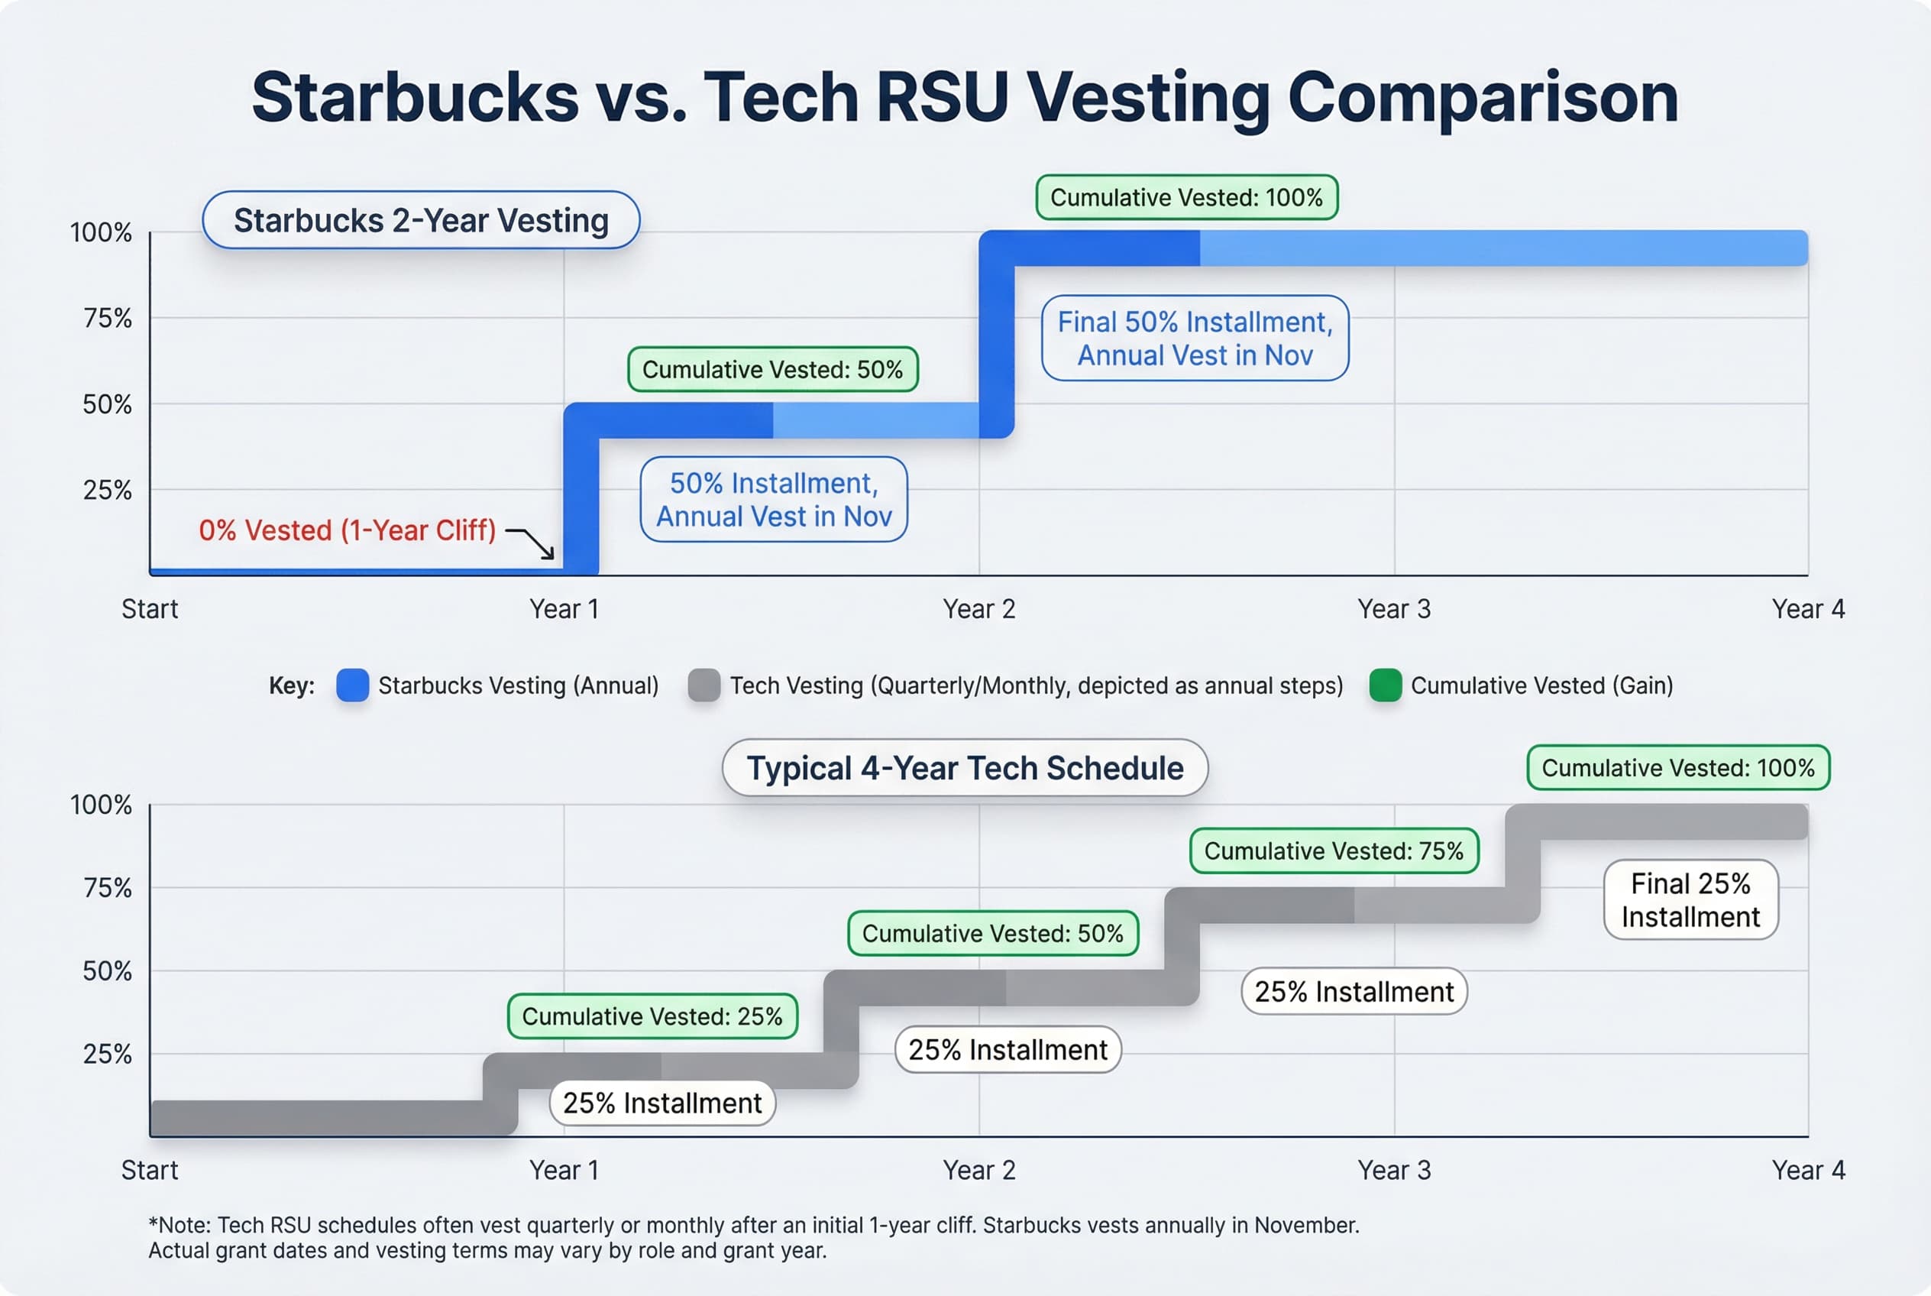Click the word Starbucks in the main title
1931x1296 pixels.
click(x=415, y=98)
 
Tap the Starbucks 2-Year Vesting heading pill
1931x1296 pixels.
click(x=421, y=221)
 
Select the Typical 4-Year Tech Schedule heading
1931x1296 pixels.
click(x=964, y=768)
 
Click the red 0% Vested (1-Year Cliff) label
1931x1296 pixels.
click(x=347, y=530)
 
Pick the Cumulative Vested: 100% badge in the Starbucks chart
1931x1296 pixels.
click(x=1185, y=198)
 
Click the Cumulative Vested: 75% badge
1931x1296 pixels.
click(x=1333, y=851)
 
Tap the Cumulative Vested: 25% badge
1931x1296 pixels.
click(x=652, y=1016)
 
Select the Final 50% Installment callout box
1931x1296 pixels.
click(x=1194, y=338)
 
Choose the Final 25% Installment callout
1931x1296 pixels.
click(x=1690, y=900)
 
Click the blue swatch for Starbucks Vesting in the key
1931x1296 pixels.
click(x=353, y=685)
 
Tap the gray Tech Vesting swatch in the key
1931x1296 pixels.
click(x=704, y=685)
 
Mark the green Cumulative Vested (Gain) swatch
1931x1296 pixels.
click(x=1385, y=685)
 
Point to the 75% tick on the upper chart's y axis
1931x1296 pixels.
click(x=108, y=318)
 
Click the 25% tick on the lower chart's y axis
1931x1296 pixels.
click(x=108, y=1054)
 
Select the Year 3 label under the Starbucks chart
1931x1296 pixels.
click(x=1393, y=609)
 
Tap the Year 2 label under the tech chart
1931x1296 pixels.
click(x=978, y=1171)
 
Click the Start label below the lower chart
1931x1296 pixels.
click(x=150, y=1171)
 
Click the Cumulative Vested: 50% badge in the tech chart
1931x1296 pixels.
click(x=992, y=933)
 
